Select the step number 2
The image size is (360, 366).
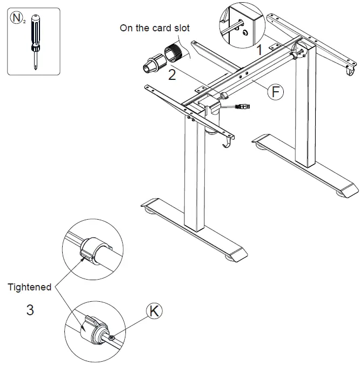(172, 75)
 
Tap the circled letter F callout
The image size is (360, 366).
(276, 92)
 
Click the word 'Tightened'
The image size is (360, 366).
(30, 287)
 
